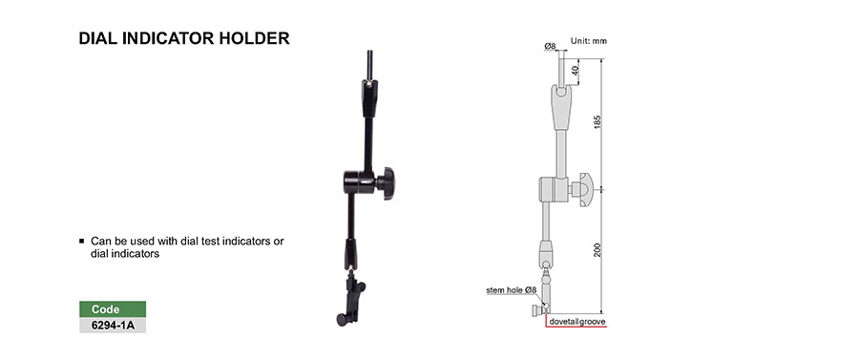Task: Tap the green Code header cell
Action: point(113,309)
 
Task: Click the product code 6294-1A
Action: point(113,326)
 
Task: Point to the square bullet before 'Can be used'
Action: point(82,241)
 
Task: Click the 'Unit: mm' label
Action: point(588,41)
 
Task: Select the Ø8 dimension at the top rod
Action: point(550,47)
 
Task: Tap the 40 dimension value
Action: point(576,71)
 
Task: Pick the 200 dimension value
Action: point(597,250)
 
